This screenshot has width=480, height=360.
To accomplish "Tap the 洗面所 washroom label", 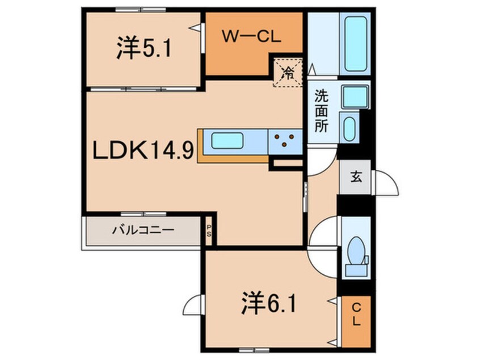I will (x=322, y=112).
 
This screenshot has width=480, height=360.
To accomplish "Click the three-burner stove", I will (x=285, y=140).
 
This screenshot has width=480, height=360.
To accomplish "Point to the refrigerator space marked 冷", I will (x=288, y=72).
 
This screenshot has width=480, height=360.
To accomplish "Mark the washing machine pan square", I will (x=355, y=97).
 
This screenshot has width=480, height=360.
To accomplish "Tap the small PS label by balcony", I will (x=209, y=231).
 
